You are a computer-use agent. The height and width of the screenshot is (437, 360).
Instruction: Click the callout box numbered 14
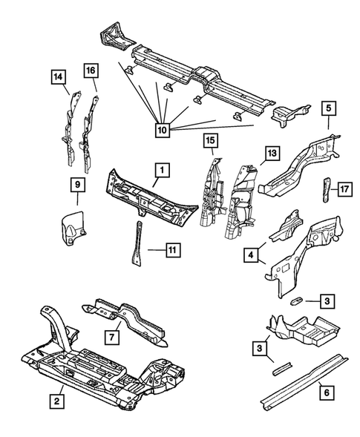click(x=59, y=77)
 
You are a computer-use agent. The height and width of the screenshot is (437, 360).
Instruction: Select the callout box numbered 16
click(x=91, y=70)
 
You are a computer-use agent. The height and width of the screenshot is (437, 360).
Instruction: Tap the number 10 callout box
click(x=163, y=130)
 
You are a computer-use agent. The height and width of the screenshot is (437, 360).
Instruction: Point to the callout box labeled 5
click(x=329, y=108)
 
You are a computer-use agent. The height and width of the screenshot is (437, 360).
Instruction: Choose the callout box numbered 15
click(x=211, y=140)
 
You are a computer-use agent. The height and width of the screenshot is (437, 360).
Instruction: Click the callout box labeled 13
click(x=272, y=153)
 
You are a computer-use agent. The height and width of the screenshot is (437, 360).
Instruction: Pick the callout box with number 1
click(x=162, y=170)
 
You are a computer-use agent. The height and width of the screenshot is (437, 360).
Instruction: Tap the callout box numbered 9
click(x=78, y=184)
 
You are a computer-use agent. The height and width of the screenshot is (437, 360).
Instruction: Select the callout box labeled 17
click(x=344, y=189)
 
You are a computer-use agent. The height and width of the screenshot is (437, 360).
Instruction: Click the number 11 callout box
click(x=173, y=250)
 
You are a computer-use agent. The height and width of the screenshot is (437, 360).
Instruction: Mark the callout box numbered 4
click(x=251, y=255)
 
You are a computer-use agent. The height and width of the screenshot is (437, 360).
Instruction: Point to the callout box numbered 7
click(x=112, y=338)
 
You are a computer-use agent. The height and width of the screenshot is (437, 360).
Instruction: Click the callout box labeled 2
click(x=57, y=401)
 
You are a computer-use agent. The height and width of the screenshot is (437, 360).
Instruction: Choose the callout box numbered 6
click(x=327, y=392)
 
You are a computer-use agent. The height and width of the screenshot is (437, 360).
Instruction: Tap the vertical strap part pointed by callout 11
click(x=137, y=243)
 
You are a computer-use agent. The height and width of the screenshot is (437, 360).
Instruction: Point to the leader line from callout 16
click(x=94, y=85)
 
